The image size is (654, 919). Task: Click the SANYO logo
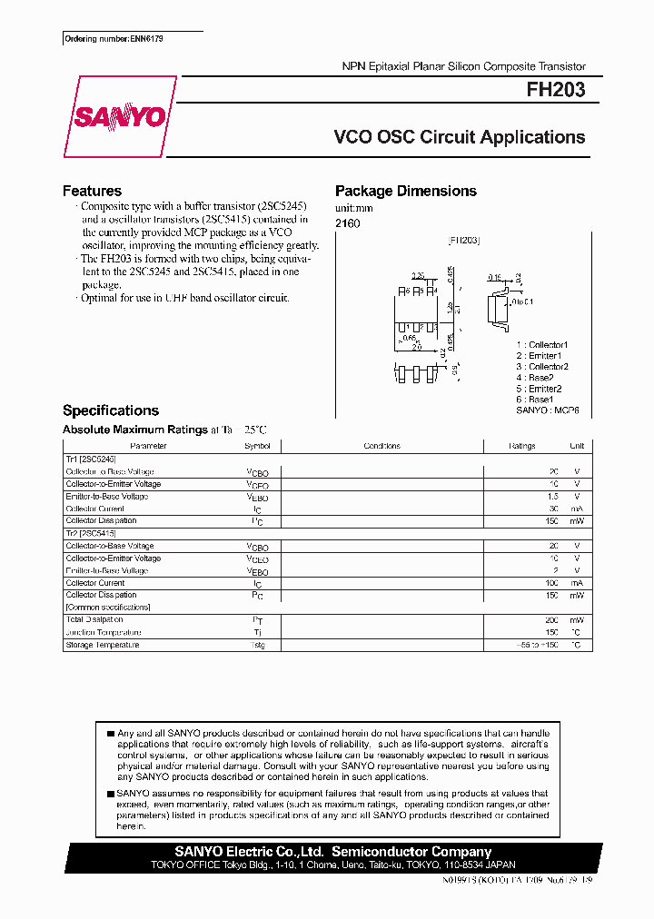tap(119, 117)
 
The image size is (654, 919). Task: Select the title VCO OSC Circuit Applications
tap(460, 137)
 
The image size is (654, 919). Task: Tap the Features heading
tap(92, 191)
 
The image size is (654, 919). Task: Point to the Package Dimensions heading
tap(405, 191)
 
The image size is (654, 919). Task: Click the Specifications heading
tap(110, 410)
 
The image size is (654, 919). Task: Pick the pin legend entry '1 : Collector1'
tap(541, 345)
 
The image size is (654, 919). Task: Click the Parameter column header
tap(148, 446)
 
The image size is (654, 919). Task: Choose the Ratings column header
tap(521, 446)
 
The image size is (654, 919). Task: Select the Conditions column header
tap(381, 446)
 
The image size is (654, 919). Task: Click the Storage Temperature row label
tap(103, 645)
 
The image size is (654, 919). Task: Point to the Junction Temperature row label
tap(104, 632)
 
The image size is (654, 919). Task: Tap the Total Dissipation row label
tap(94, 619)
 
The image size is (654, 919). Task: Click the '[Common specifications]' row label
tap(108, 607)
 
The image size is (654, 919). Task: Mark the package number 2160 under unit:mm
tap(347, 223)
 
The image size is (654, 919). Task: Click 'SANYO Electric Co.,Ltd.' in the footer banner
tap(249, 852)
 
